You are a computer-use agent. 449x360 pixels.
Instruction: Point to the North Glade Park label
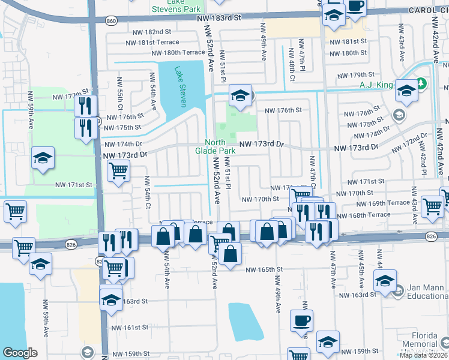point(215,146)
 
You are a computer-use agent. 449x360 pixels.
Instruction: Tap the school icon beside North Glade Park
point(240,96)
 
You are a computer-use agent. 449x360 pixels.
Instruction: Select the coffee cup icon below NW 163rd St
point(302,320)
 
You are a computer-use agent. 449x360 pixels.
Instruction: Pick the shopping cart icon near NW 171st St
point(118,171)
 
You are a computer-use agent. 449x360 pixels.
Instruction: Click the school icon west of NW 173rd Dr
point(43,158)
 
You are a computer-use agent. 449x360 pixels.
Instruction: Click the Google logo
point(20,353)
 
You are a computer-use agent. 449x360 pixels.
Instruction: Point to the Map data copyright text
point(423,355)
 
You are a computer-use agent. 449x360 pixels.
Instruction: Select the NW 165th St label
point(264,270)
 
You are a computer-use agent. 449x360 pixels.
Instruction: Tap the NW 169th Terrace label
point(390,203)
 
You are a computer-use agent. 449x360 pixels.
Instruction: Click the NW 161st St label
point(130,328)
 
